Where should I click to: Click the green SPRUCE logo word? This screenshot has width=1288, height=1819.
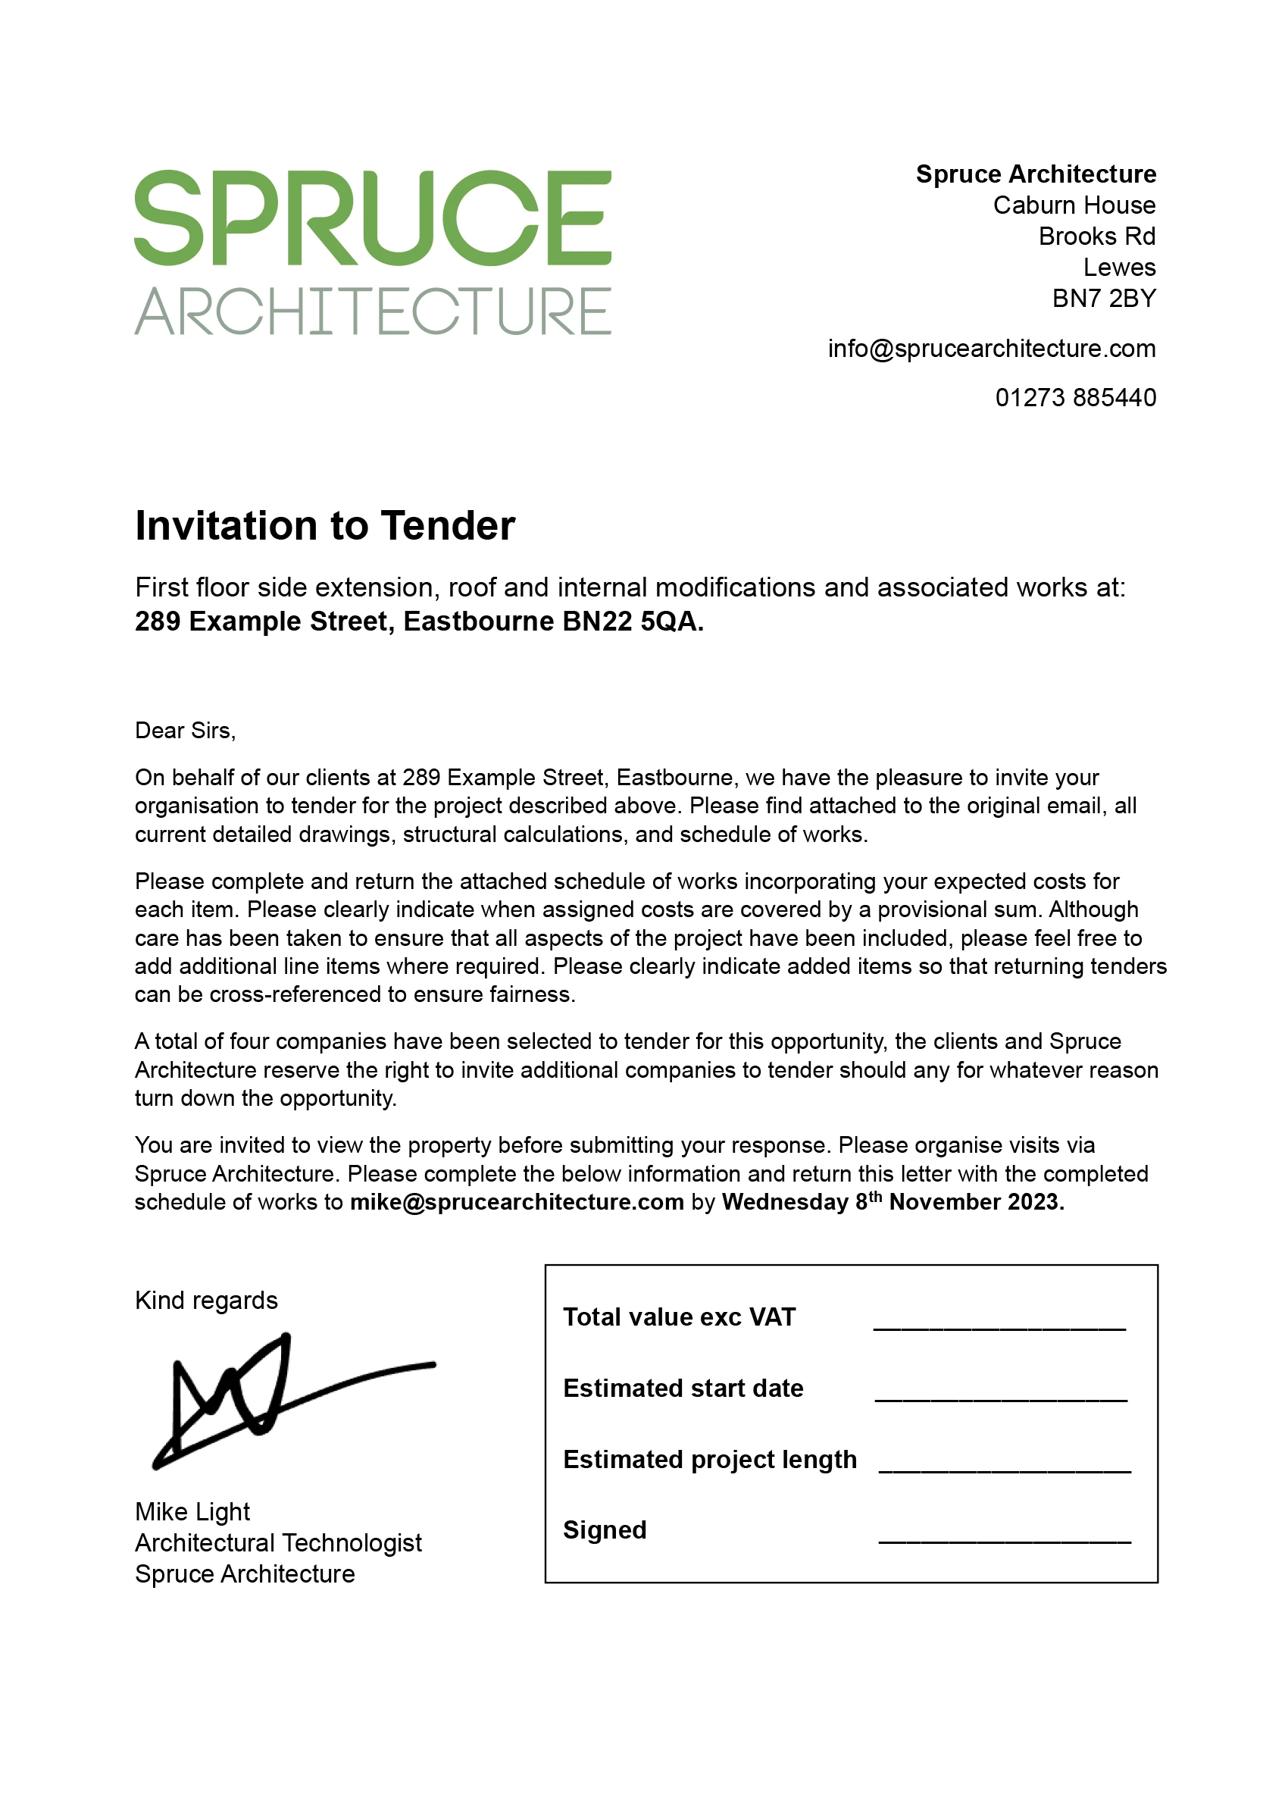(x=373, y=218)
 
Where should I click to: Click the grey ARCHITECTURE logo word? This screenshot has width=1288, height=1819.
(x=373, y=311)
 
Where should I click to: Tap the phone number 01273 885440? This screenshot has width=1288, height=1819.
(x=1075, y=397)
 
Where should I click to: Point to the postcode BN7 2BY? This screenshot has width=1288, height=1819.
(x=1103, y=299)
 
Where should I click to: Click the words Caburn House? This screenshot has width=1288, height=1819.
(x=1074, y=205)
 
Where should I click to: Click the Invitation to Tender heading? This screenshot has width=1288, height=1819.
(x=325, y=525)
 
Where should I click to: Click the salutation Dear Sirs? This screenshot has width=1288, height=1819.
(x=186, y=731)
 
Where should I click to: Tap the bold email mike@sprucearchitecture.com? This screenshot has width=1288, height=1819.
(x=517, y=1202)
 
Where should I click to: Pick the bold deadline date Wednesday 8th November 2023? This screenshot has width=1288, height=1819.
(x=893, y=1202)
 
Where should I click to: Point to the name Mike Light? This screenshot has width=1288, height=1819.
(x=192, y=1512)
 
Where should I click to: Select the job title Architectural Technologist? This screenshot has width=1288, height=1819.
(x=278, y=1543)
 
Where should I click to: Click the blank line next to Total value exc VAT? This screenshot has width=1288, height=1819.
(x=999, y=1326)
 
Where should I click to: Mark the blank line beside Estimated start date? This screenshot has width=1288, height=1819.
(x=1001, y=1398)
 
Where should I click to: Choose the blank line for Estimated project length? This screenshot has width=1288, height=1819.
(x=1005, y=1469)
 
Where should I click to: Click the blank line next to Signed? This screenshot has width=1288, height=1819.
(x=1005, y=1540)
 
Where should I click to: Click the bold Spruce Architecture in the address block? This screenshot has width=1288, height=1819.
(x=1036, y=174)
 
